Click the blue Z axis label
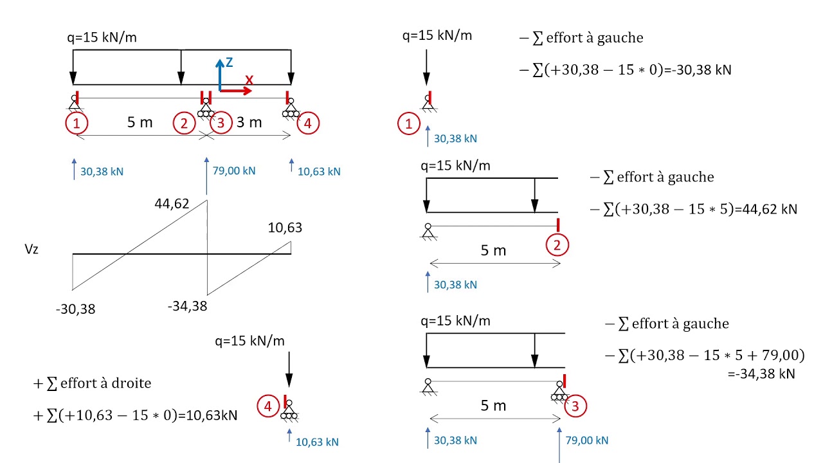click(x=228, y=62)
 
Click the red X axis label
click(x=249, y=80)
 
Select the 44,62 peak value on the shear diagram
click(x=172, y=204)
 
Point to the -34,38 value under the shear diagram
click(x=187, y=306)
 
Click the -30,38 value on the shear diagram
click(x=75, y=309)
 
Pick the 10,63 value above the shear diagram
click(x=285, y=228)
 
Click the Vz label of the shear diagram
click(x=31, y=250)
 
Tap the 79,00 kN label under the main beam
click(x=233, y=170)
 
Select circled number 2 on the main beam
click(x=184, y=123)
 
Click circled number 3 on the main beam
click(x=221, y=123)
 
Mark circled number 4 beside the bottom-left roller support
click(x=266, y=406)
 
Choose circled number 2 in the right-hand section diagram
click(x=557, y=245)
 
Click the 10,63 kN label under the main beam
click(x=319, y=172)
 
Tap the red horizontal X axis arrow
click(x=236, y=91)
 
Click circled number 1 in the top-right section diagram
click(x=408, y=123)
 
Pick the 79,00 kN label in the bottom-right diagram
click(x=586, y=440)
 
